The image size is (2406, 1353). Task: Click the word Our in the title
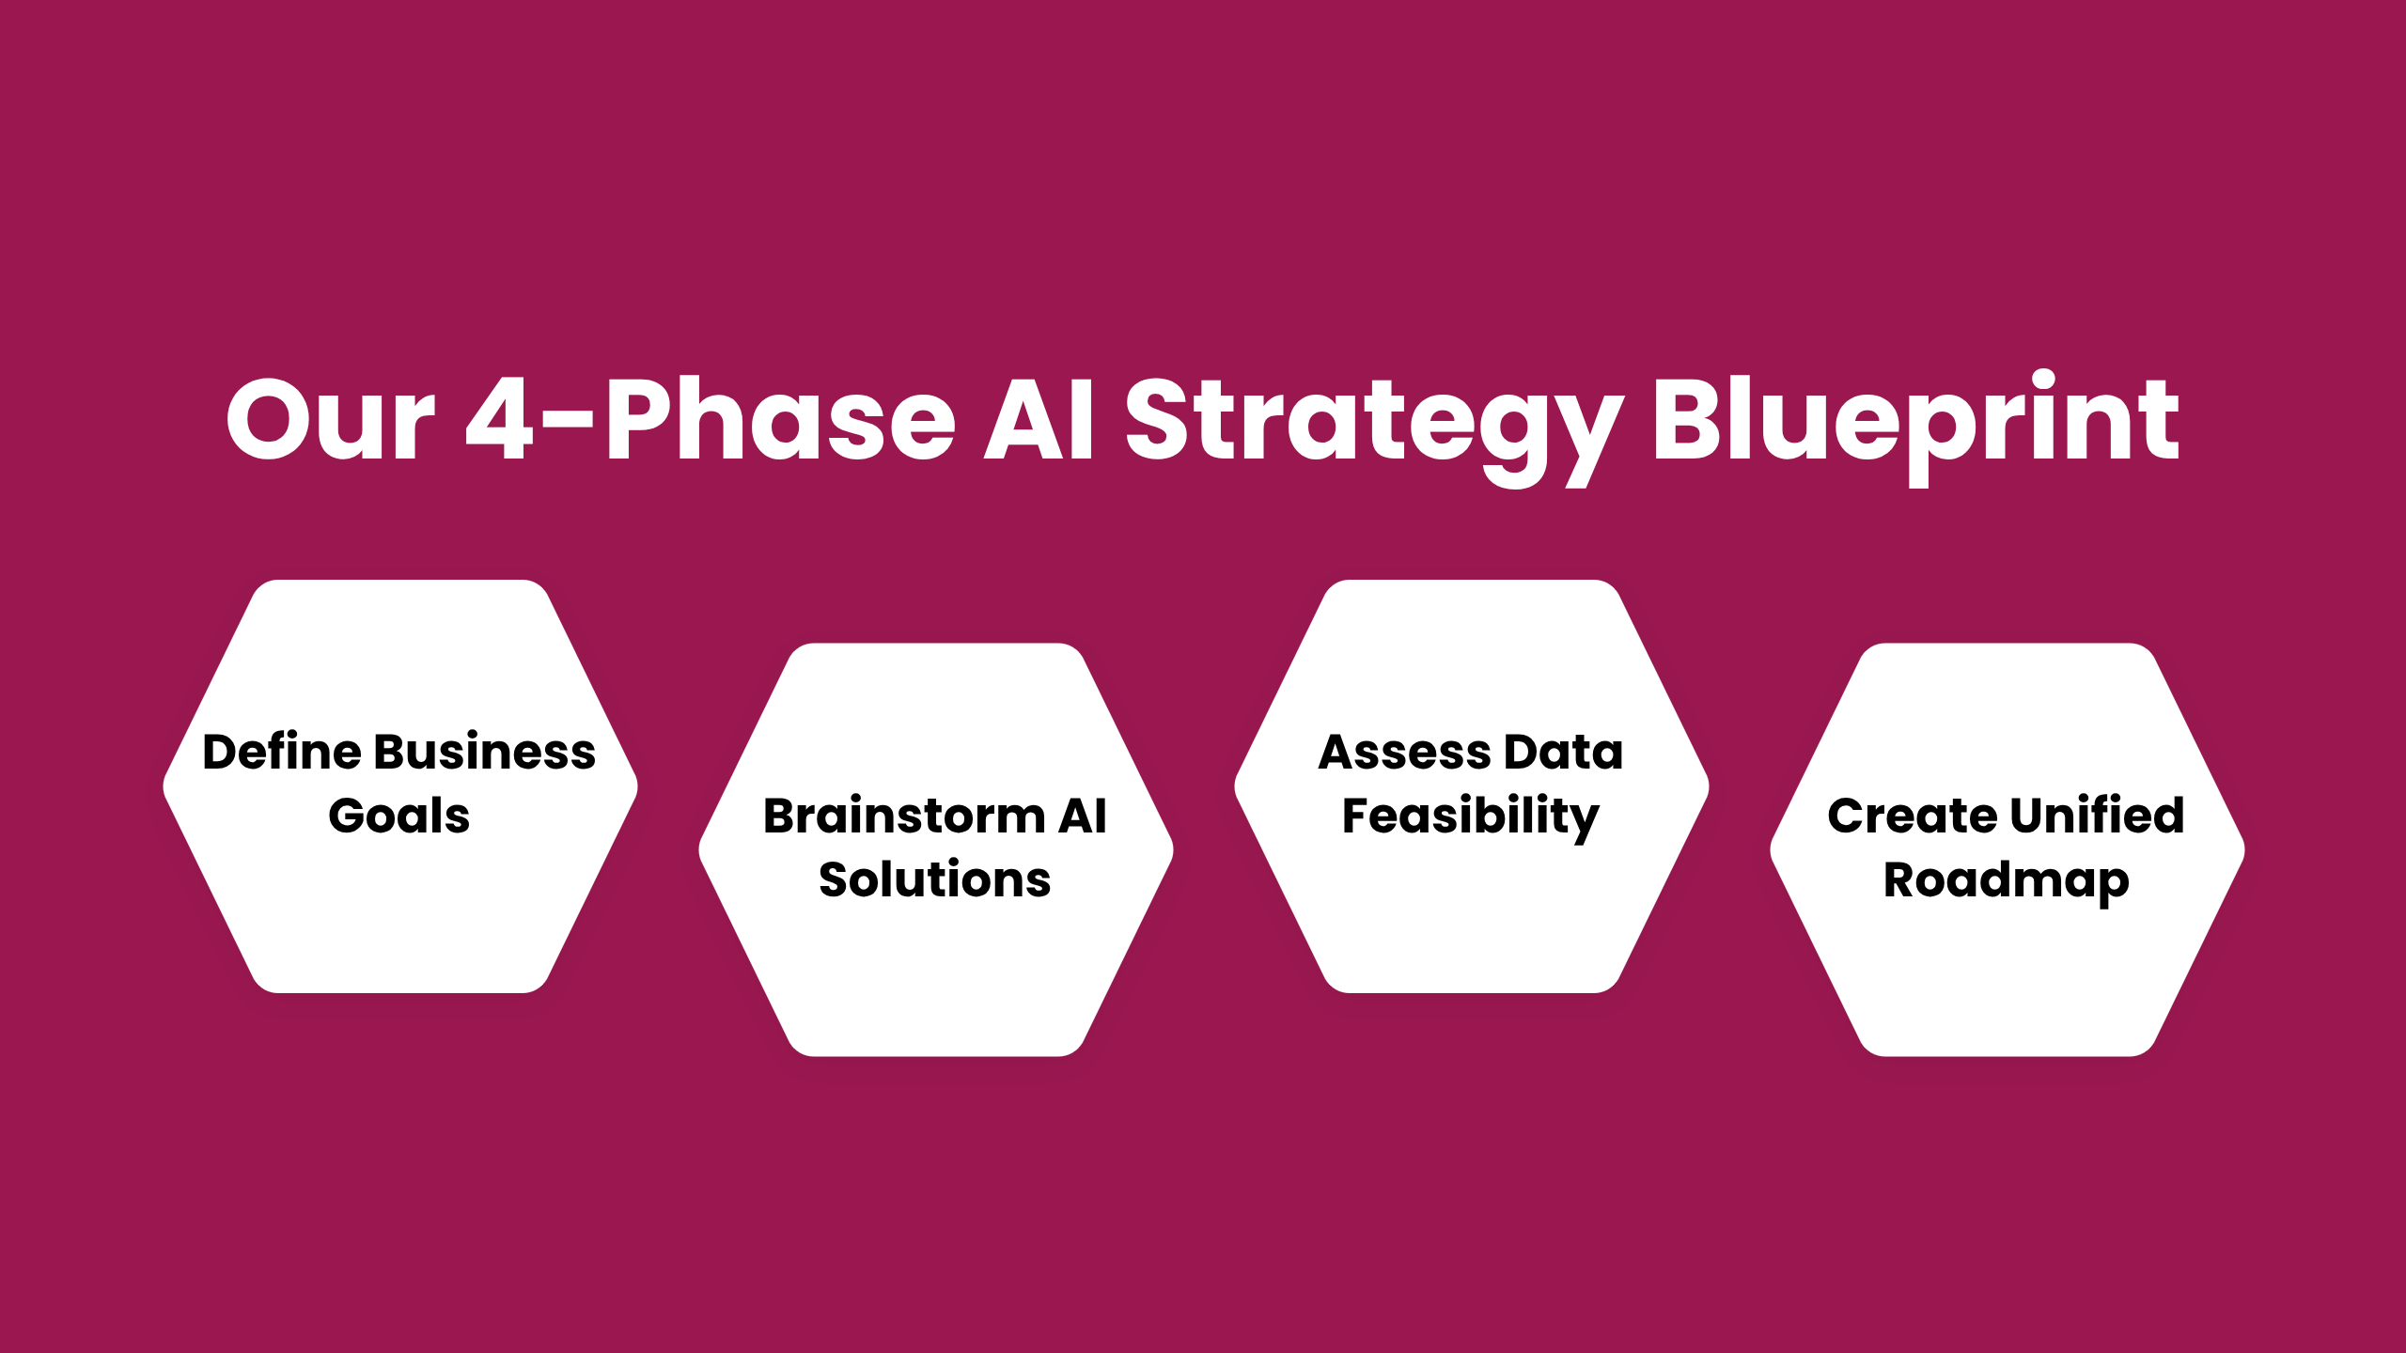331,420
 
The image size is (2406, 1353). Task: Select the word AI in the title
1039,420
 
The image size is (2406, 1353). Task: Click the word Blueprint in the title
1915,420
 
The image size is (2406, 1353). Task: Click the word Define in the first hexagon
281,752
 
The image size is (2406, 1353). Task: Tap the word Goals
398,816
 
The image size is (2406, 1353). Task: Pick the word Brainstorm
903,816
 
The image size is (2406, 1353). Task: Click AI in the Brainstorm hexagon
1083,816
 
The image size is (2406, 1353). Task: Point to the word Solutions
934,879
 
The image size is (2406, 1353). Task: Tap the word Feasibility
1470,816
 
